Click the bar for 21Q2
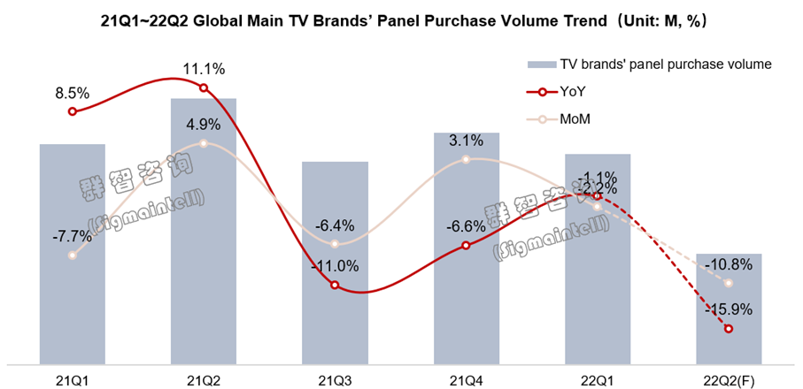(x=204, y=230)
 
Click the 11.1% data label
(x=205, y=68)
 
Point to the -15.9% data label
(x=729, y=309)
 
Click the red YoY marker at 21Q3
(x=335, y=285)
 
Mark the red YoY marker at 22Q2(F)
(x=728, y=329)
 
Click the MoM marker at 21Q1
(x=73, y=256)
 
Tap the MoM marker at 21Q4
(x=466, y=160)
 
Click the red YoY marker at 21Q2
(x=204, y=88)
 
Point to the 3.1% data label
(x=466, y=140)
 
